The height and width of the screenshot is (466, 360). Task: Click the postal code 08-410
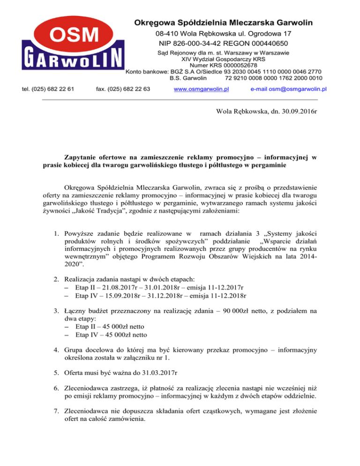pos(165,34)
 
